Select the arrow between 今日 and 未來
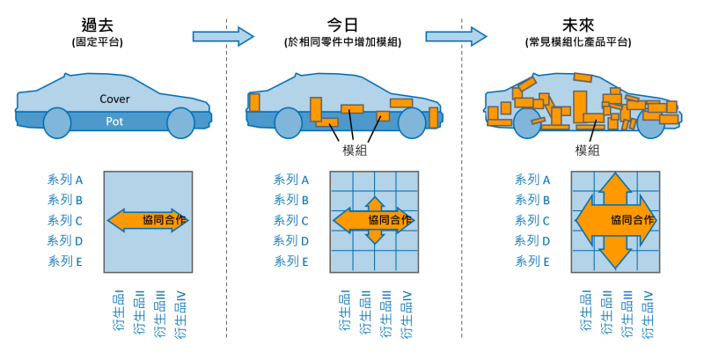click(x=456, y=35)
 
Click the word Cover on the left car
click(x=114, y=99)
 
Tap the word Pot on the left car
click(x=114, y=120)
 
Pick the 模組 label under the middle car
click(x=355, y=150)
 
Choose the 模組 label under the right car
click(x=588, y=150)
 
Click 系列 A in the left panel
click(x=65, y=180)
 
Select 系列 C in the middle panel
click(x=292, y=221)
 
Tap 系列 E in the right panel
click(x=532, y=261)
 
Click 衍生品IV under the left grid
click(x=180, y=314)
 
